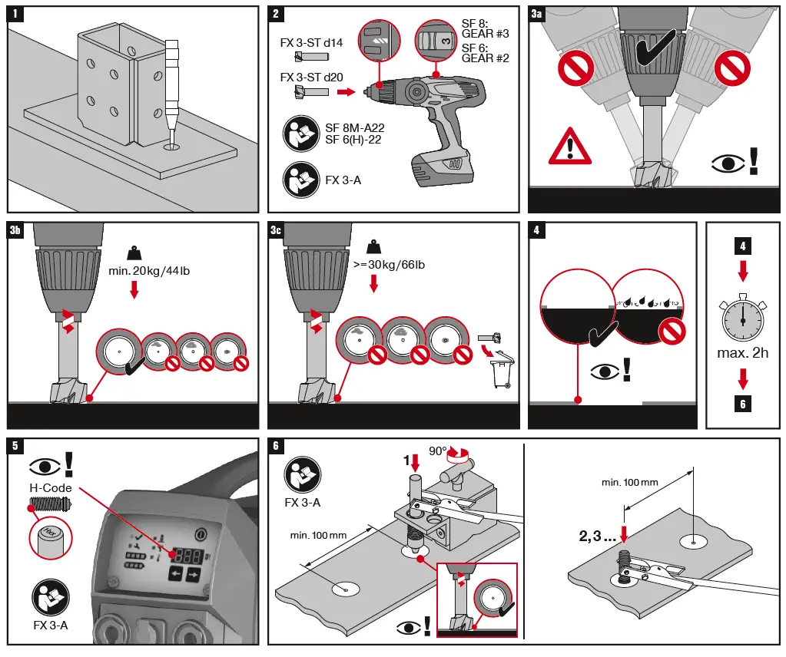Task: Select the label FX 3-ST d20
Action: (311, 78)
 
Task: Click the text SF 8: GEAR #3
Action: (485, 28)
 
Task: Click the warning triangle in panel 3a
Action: (569, 146)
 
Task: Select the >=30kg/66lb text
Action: (389, 265)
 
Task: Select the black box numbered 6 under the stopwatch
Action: (742, 403)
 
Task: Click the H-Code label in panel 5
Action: (51, 487)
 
